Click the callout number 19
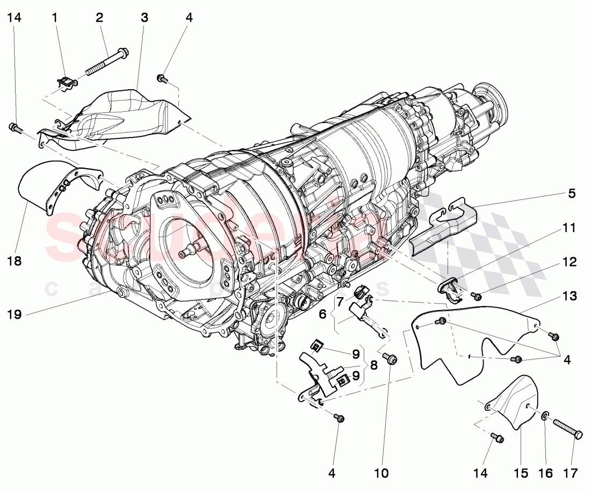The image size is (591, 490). coord(15,314)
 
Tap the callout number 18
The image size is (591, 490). coord(15,262)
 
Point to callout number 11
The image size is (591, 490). coord(570,228)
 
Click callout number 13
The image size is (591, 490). coord(570,296)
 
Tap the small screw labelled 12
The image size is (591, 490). coord(475,295)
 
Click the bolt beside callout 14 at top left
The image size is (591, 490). coord(15,128)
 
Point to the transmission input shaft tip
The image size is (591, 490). coord(189,249)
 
